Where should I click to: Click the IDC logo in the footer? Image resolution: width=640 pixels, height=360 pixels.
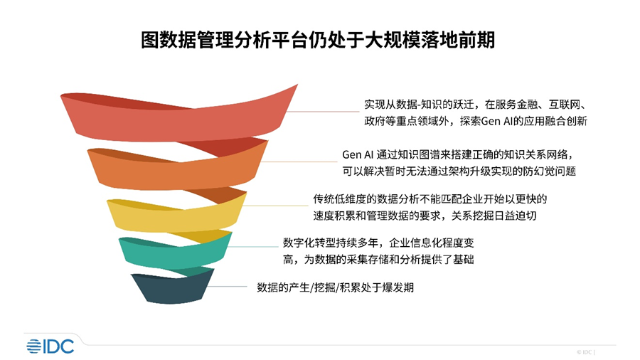(50, 346)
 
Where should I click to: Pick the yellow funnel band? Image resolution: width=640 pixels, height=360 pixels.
(174, 216)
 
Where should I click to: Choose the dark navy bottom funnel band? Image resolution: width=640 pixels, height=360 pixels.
(171, 288)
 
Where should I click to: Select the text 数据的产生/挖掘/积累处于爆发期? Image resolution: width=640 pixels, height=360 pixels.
(335, 288)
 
